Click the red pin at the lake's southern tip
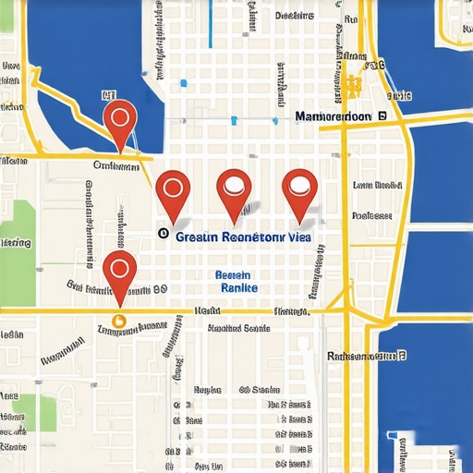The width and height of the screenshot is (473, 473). (120, 119)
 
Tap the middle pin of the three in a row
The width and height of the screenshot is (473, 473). (234, 188)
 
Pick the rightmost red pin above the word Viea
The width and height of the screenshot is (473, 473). (298, 188)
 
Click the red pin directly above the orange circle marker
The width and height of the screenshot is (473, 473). (118, 270)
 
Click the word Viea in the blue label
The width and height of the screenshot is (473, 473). (300, 236)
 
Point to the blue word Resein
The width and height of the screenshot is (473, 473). (232, 275)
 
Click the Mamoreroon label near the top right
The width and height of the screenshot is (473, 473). (333, 117)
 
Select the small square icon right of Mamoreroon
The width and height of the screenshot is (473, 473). (381, 116)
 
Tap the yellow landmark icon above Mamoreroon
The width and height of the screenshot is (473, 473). (352, 86)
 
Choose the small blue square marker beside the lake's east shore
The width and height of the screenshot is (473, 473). (183, 84)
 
